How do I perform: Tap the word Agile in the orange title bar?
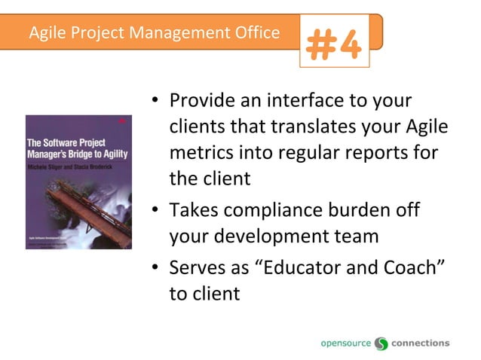point(47,33)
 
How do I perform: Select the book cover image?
point(78,182)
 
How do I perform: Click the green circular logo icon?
point(381,343)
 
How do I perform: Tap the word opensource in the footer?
point(346,343)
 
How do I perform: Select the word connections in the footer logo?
point(421,343)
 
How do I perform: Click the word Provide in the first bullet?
point(201,101)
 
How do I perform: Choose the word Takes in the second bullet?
point(194,210)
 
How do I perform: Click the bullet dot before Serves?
point(155,269)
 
